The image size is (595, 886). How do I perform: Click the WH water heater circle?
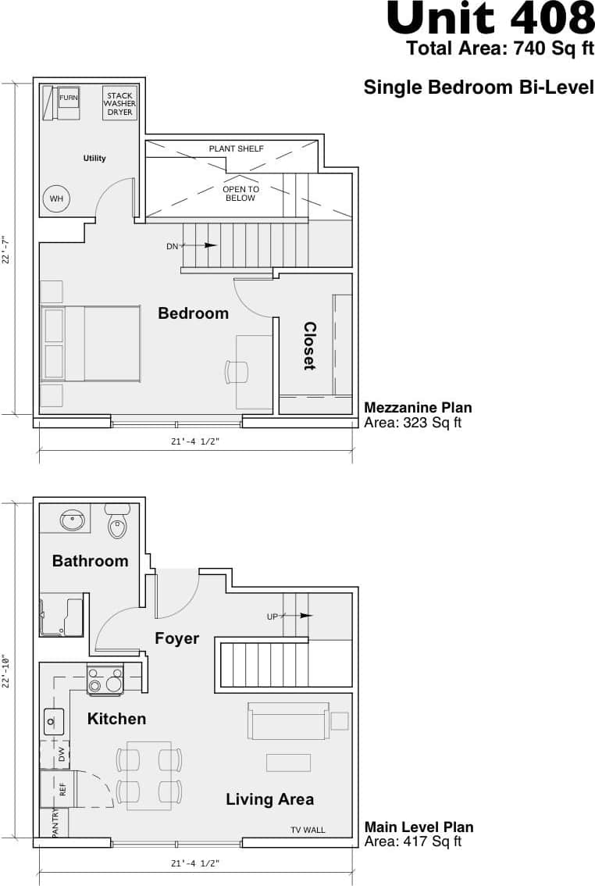click(x=56, y=199)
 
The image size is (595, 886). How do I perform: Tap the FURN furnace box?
click(x=69, y=98)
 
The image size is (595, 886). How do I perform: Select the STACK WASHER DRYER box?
click(x=120, y=104)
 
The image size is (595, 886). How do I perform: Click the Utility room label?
click(x=94, y=159)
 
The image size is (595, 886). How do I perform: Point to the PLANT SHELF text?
click(x=236, y=148)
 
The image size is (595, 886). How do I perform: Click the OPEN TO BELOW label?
click(x=240, y=194)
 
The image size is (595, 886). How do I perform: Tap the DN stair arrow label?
click(x=173, y=246)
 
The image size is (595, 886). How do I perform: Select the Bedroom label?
click(x=193, y=313)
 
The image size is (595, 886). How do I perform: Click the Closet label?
click(x=309, y=346)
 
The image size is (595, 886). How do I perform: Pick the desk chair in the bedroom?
click(x=236, y=372)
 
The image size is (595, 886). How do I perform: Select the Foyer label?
click(x=176, y=638)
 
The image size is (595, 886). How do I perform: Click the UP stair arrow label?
click(x=273, y=616)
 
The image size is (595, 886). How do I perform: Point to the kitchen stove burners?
click(x=105, y=680)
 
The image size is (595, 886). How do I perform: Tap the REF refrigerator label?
click(x=62, y=789)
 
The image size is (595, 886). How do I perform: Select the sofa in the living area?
click(x=288, y=721)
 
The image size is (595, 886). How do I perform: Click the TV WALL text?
click(x=308, y=830)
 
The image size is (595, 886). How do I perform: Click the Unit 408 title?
click(x=490, y=19)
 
